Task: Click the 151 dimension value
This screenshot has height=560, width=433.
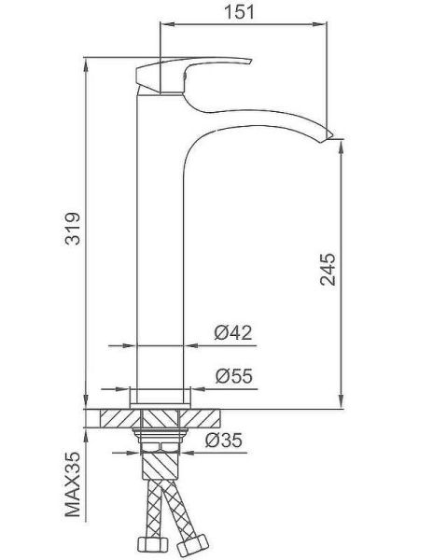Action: pyautogui.click(x=239, y=12)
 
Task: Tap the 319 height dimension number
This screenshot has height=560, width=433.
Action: pyautogui.click(x=73, y=229)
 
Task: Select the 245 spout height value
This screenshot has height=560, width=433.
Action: pyautogui.click(x=328, y=270)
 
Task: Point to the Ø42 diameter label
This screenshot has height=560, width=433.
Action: pyautogui.click(x=233, y=332)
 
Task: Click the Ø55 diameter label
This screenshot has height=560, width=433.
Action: pyautogui.click(x=234, y=376)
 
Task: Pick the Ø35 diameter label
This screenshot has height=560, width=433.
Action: pyautogui.click(x=224, y=440)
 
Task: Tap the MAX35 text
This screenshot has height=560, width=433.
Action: pyautogui.click(x=73, y=484)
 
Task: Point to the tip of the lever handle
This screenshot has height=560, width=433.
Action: pyautogui.click(x=250, y=62)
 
